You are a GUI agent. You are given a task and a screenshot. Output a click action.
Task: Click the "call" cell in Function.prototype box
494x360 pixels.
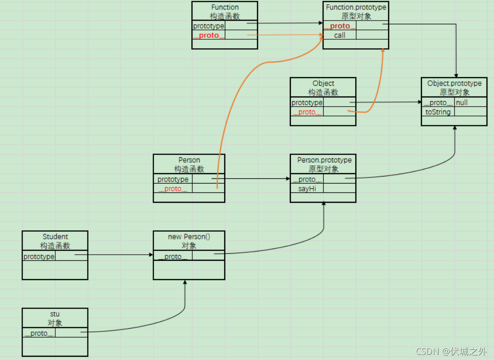click(339, 36)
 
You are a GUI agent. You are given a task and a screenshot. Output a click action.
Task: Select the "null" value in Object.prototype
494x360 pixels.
click(462, 103)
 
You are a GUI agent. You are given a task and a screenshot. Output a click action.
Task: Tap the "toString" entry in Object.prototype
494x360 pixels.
click(438, 112)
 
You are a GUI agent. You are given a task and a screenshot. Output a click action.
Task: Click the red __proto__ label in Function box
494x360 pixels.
click(209, 36)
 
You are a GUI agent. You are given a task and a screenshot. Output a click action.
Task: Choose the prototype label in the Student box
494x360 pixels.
click(39, 257)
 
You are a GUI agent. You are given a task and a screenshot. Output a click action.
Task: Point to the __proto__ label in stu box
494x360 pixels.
click(39, 333)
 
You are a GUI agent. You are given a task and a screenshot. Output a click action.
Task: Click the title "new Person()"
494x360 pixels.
click(189, 237)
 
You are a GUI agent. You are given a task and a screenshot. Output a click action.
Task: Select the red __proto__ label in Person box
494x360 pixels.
click(173, 189)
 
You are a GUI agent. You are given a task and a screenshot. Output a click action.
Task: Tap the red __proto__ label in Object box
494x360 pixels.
click(307, 112)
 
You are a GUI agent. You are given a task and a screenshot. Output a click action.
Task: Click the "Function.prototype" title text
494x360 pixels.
click(356, 7)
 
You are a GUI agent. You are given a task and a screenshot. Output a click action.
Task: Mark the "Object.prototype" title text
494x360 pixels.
click(454, 83)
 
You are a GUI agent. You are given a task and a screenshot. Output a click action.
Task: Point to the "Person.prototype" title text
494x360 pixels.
click(324, 160)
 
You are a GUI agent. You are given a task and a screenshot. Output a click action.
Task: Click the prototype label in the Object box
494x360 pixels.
click(307, 103)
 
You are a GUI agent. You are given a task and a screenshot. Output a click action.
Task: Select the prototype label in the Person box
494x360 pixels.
click(173, 179)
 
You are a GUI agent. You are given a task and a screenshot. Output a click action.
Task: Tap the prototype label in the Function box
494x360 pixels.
click(209, 26)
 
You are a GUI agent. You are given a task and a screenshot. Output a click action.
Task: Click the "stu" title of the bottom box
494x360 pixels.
click(55, 314)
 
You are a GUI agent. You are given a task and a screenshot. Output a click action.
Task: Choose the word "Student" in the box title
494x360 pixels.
click(55, 237)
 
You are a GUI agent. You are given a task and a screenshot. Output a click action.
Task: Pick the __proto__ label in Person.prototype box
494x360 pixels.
click(307, 179)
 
